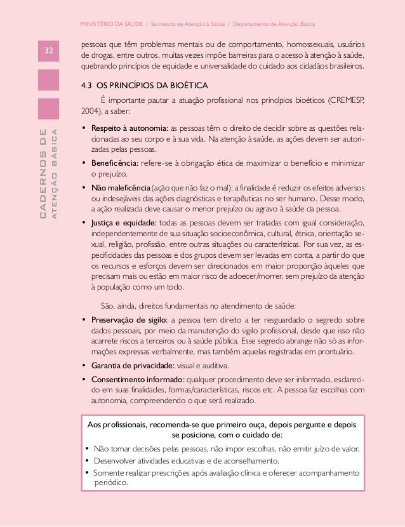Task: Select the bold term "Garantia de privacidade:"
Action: pos(130,366)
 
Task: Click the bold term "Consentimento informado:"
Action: pos(134,380)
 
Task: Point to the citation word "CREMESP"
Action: pos(349,101)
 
